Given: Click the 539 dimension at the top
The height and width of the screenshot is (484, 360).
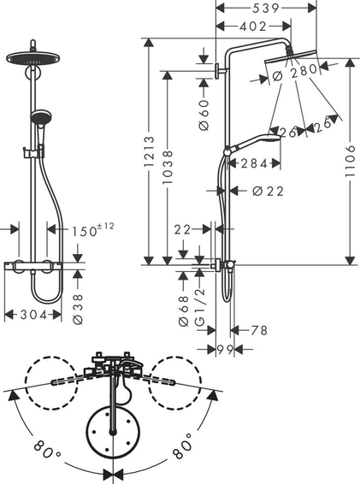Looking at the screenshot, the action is [x=266, y=9].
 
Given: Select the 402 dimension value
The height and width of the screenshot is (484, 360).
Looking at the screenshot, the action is [x=253, y=27].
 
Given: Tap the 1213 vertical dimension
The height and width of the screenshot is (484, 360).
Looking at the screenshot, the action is [x=149, y=151].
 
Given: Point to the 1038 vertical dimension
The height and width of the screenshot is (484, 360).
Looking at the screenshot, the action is [x=168, y=167].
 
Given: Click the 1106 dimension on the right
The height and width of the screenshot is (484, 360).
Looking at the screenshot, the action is [x=351, y=161].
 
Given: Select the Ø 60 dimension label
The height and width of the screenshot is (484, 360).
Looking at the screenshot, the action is [x=204, y=115].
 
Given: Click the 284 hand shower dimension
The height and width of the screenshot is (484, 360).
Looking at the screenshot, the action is [x=254, y=163].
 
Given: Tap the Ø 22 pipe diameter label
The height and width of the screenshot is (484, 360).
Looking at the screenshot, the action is [x=268, y=192].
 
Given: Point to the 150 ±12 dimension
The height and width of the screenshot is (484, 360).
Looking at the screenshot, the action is [x=93, y=230].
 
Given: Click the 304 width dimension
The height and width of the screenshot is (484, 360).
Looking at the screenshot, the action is [x=33, y=315].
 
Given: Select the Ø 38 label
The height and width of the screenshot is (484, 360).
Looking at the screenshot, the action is [x=78, y=310].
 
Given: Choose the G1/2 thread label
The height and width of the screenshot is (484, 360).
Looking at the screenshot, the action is [x=200, y=308].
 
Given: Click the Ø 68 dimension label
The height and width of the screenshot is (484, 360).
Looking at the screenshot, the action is [x=183, y=311].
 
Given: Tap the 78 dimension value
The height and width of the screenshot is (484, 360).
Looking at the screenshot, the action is [x=259, y=330].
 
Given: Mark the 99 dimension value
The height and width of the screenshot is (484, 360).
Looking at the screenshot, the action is [x=225, y=350].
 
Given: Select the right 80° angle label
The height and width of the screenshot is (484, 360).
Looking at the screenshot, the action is [x=182, y=446].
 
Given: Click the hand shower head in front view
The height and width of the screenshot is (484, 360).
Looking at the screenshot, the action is [x=40, y=118].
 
